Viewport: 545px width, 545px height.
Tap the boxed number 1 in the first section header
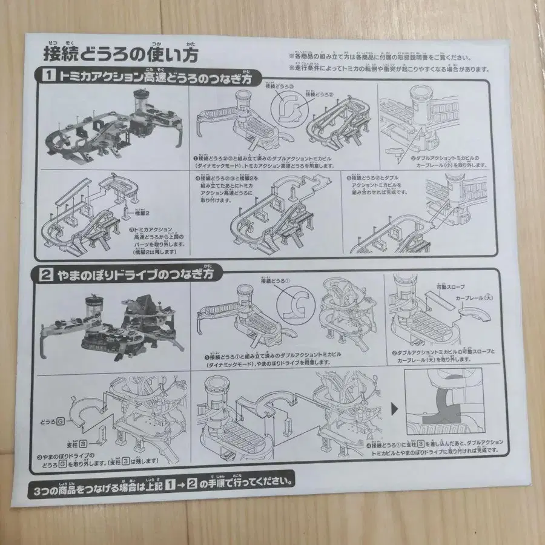click(47, 77)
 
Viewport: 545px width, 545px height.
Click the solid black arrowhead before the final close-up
click(396, 409)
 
